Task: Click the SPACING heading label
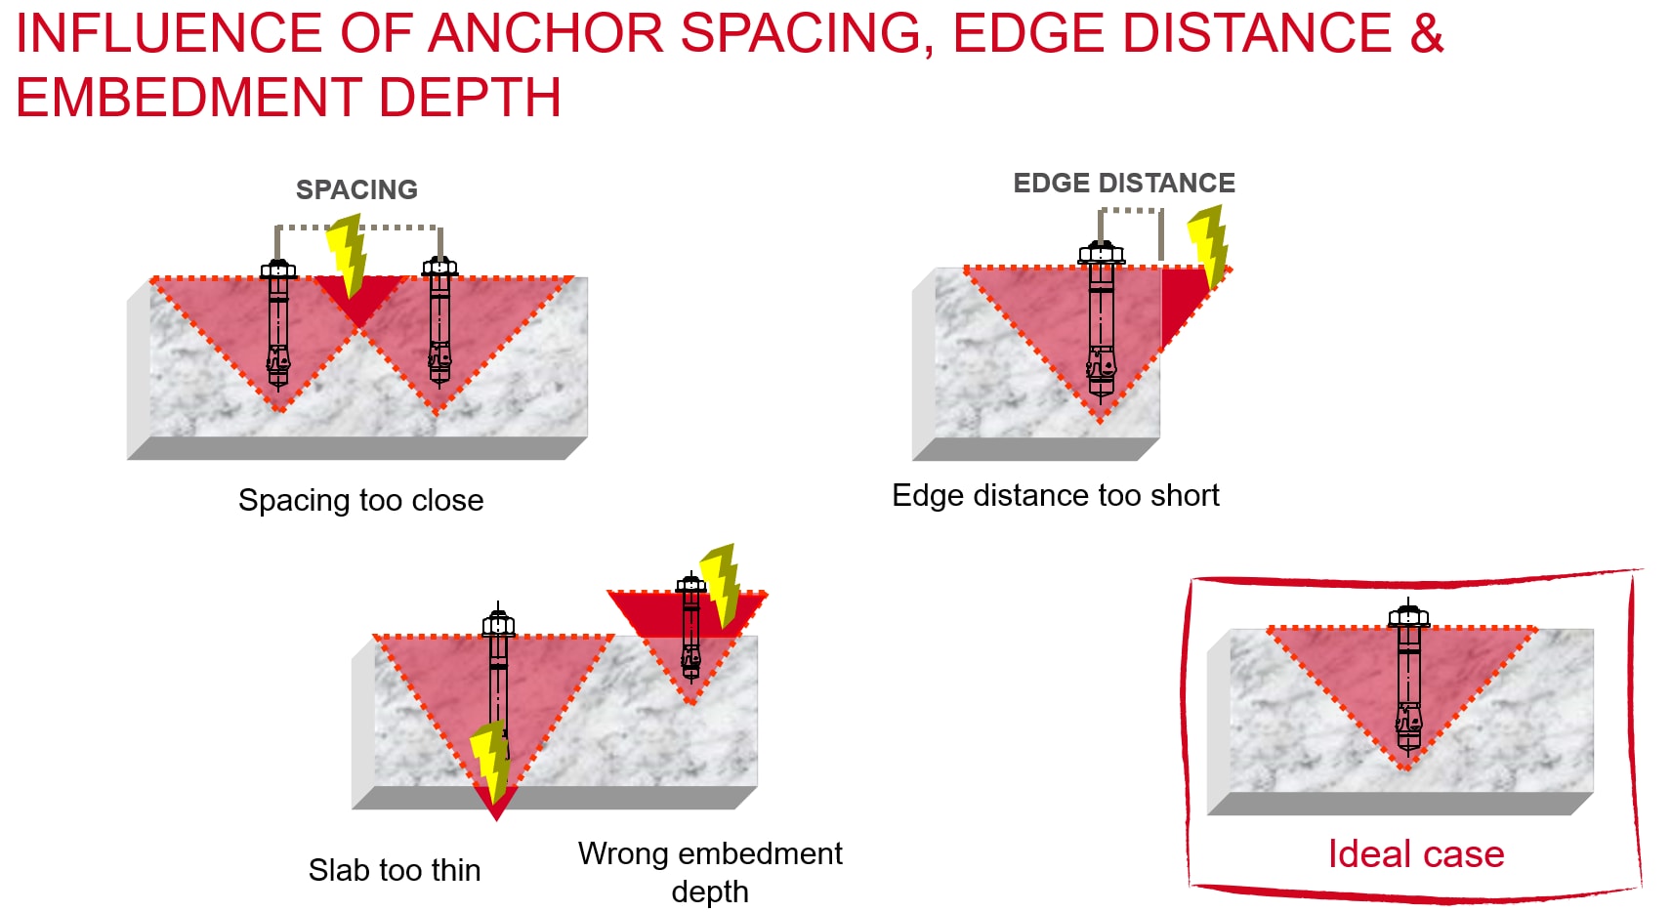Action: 356,189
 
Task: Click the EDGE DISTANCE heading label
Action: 1123,183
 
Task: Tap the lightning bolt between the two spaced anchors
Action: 347,254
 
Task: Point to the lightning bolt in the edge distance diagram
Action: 1209,244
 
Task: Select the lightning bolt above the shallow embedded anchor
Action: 722,584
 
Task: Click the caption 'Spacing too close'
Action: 360,500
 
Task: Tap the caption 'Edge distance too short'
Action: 1055,495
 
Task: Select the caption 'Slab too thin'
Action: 394,869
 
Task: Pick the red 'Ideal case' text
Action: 1415,853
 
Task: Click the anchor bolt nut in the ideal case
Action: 1408,617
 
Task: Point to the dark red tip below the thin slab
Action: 495,804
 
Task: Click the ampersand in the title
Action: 1426,33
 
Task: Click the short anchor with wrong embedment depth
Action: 690,630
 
